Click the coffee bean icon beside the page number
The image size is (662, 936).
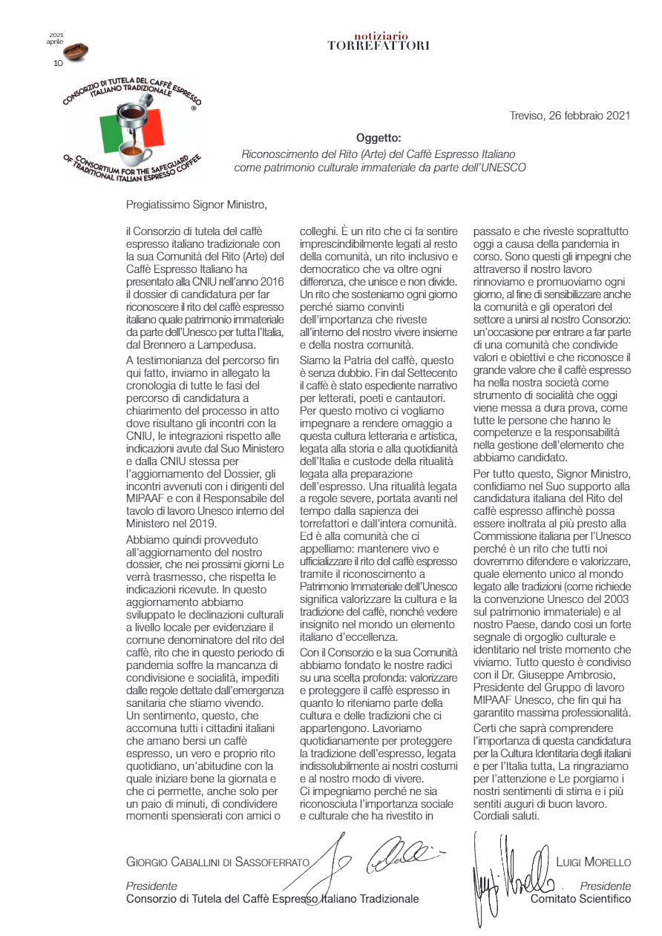(x=75, y=53)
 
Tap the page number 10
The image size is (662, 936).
(x=58, y=63)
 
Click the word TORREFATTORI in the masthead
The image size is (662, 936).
(x=378, y=46)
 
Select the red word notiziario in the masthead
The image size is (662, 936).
(x=378, y=36)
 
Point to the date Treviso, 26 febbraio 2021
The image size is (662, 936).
(x=570, y=115)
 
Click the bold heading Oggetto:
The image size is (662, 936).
(x=378, y=138)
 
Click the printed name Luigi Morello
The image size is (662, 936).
(x=593, y=863)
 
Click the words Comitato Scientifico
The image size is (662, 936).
(x=580, y=898)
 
